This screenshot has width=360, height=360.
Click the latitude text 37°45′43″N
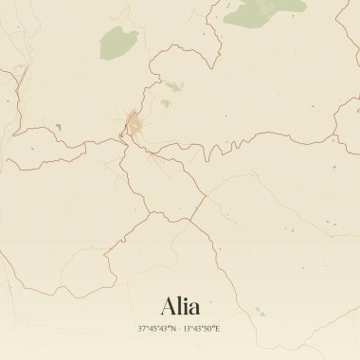click(156, 328)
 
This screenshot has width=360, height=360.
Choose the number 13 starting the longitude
click(185, 328)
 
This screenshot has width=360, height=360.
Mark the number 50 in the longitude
click(209, 328)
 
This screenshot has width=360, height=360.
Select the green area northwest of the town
click(117, 42)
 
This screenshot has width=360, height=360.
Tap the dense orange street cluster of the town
click(135, 123)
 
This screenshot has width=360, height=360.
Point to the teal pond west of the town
click(59, 126)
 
